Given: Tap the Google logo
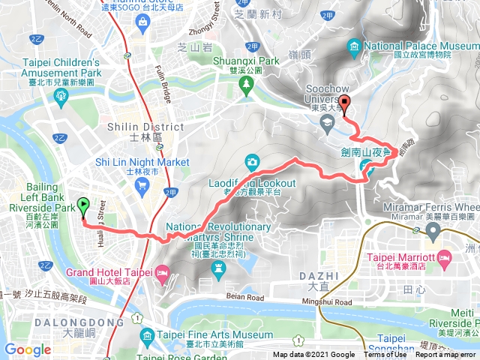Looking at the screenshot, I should pos(28,349).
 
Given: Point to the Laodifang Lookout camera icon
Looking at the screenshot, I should pos(252,162).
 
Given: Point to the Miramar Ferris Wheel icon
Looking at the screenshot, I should pos(433,226).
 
